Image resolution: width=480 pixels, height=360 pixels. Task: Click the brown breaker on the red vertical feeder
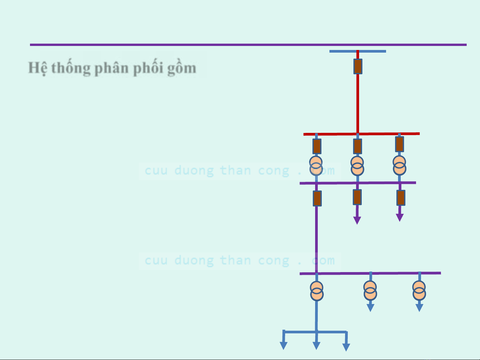click(x=358, y=66)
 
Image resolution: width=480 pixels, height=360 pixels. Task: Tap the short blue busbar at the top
click(x=357, y=51)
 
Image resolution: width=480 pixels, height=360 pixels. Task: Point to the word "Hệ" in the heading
click(x=38, y=68)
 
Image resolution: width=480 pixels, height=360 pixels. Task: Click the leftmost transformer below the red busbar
click(x=316, y=166)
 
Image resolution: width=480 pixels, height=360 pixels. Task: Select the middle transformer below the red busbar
click(x=357, y=166)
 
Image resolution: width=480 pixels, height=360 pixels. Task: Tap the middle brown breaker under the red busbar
click(x=357, y=146)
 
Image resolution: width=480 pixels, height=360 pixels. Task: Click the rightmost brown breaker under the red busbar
click(x=399, y=144)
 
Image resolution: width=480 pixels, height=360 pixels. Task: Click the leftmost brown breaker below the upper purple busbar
click(x=317, y=198)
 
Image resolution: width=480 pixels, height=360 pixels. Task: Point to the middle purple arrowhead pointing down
click(x=357, y=220)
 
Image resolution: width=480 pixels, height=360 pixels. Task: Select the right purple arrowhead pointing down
click(x=400, y=218)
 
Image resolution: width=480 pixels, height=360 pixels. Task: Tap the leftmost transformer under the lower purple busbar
click(x=316, y=291)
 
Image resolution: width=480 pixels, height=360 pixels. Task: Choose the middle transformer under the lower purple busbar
click(x=370, y=290)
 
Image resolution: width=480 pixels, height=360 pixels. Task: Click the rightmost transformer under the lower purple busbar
click(x=419, y=290)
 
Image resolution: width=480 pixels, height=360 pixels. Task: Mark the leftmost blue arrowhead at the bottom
click(x=283, y=345)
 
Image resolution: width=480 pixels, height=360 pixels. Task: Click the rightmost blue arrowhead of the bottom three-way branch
click(x=346, y=347)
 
